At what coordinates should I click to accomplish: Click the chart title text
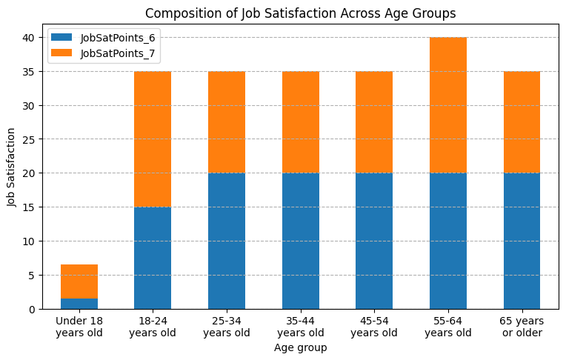click(x=300, y=13)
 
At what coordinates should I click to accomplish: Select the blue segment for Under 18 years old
click(x=79, y=304)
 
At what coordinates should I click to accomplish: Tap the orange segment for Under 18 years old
click(x=79, y=281)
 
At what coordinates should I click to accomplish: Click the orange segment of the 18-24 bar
click(x=153, y=139)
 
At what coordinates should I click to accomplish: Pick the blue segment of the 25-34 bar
click(x=227, y=241)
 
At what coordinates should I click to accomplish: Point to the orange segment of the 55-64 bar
click(x=448, y=105)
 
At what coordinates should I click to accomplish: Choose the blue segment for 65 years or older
click(x=522, y=241)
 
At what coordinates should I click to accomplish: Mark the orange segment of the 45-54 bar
click(x=374, y=122)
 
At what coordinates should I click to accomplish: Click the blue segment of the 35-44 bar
click(x=301, y=241)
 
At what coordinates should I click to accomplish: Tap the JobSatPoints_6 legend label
click(x=118, y=38)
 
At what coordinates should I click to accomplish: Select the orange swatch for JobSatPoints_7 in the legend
click(x=61, y=53)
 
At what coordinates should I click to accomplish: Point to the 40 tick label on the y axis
click(x=28, y=38)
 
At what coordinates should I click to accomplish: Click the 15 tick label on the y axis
click(x=28, y=207)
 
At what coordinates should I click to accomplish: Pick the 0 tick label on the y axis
click(x=32, y=310)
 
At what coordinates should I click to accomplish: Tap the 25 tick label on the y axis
click(x=28, y=139)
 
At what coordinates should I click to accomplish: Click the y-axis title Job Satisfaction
click(x=11, y=167)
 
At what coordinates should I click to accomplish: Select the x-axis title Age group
click(x=300, y=347)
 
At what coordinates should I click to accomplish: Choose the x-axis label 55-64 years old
click(x=448, y=327)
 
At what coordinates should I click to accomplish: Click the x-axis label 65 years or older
click(x=522, y=327)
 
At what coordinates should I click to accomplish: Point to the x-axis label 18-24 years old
click(x=153, y=327)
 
